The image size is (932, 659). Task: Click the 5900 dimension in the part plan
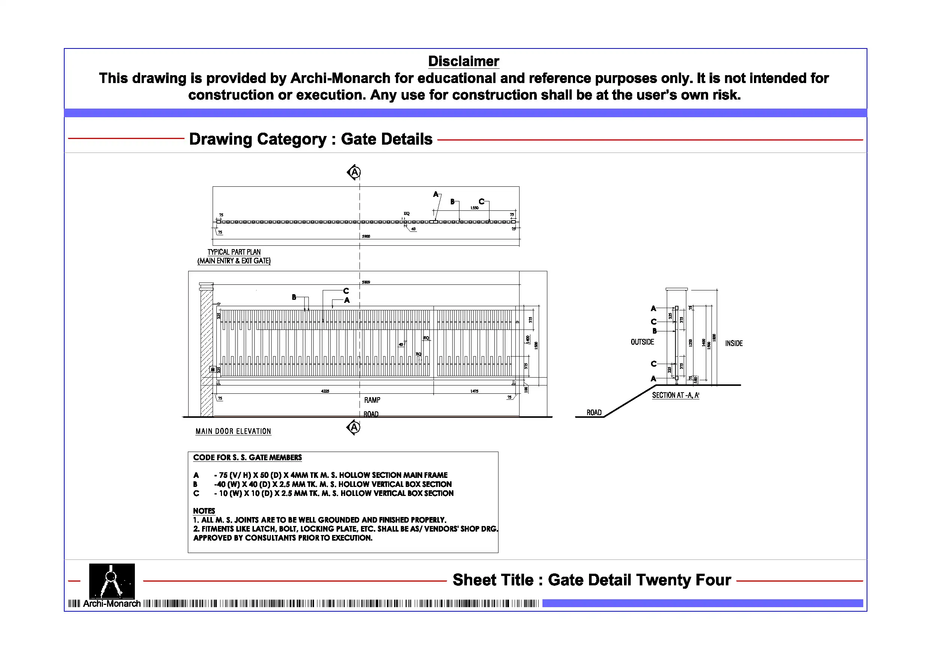click(x=366, y=236)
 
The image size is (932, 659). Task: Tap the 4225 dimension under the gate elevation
click(x=325, y=391)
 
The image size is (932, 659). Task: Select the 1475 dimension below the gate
click(x=474, y=391)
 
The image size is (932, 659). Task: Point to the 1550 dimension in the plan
click(x=474, y=208)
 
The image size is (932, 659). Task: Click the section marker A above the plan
click(x=354, y=172)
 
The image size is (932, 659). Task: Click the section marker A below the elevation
click(x=354, y=427)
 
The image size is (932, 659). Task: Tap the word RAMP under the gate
click(x=372, y=401)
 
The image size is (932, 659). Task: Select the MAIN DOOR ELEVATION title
click(x=233, y=431)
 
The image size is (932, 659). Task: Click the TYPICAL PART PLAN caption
click(x=234, y=252)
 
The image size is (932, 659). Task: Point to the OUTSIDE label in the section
click(x=642, y=342)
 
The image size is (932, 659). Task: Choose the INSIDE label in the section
click(x=734, y=343)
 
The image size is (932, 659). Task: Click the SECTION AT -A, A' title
click(x=675, y=396)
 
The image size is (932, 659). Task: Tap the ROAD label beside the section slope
click(x=594, y=413)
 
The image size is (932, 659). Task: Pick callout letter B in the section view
click(x=654, y=331)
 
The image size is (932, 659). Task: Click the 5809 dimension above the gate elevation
click(x=366, y=282)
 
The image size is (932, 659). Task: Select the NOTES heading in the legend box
click(x=204, y=511)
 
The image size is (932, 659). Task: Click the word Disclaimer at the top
click(x=464, y=61)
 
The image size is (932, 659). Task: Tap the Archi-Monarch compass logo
click(x=112, y=580)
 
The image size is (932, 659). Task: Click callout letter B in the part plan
click(x=452, y=201)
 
